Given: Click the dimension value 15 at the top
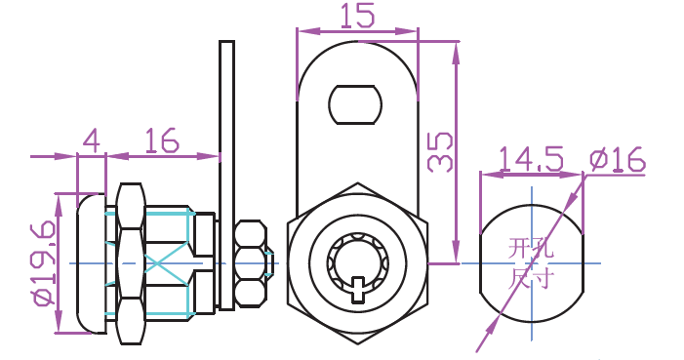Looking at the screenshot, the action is pos(357,17).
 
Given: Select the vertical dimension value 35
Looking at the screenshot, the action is pos(440,151).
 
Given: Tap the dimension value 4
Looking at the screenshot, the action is pos(92,140).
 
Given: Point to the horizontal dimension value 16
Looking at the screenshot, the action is pos(162,140).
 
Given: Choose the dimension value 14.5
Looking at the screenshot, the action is pos(531,159).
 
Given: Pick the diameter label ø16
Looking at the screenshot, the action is pos(618,159).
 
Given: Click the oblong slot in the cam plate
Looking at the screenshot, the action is pos(355,104).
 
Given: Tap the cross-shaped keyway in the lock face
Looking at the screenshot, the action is pos(358,289).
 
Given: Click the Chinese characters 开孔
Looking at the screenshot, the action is pos(531,248).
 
